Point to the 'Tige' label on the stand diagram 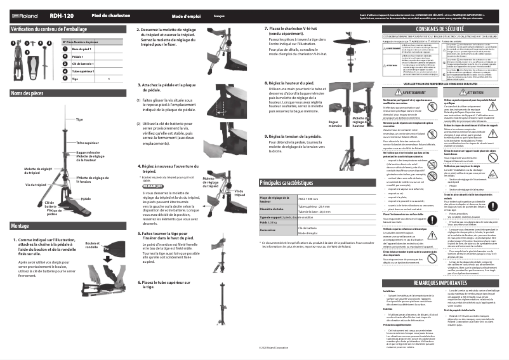pyautogui.click(x=79, y=119)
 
